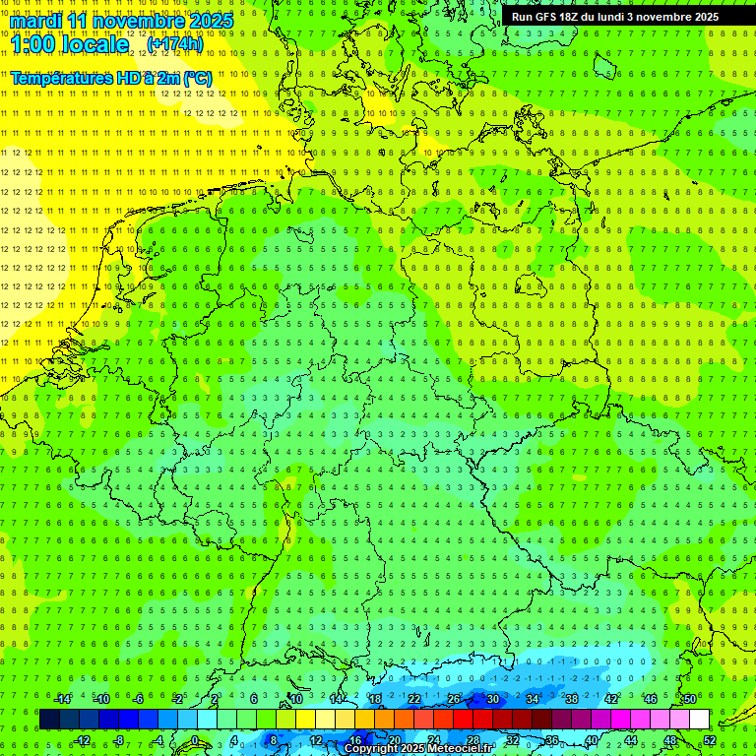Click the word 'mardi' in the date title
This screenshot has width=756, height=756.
pos(36,21)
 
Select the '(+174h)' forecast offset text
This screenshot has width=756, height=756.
pos(174,44)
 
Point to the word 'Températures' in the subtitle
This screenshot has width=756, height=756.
pos(60,77)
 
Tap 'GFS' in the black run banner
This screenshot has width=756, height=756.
pos(548,17)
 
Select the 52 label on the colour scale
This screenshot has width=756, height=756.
pos(709,740)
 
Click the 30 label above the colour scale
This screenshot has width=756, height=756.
pos(492,699)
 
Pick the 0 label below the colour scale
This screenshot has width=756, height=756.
pos(195,740)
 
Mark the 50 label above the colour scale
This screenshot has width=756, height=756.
pos(689,699)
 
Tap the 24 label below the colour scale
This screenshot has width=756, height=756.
pos(433,740)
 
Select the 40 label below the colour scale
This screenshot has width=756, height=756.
pos(591,740)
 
